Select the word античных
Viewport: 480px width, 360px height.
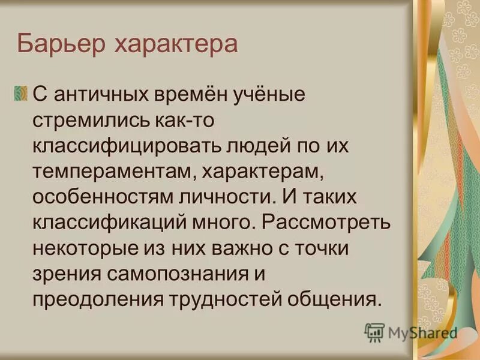pos(97,94)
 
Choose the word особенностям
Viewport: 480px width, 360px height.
pos(97,197)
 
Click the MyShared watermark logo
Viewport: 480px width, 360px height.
pos(411,332)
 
